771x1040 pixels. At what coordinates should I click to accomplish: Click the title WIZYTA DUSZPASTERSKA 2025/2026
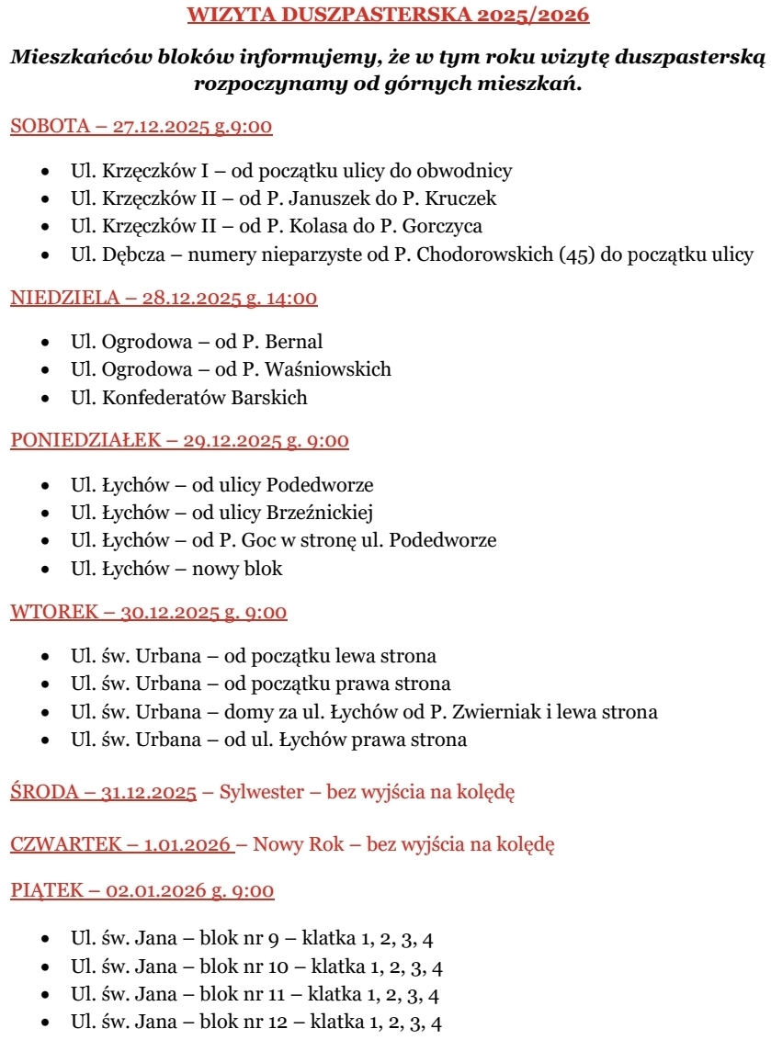388,15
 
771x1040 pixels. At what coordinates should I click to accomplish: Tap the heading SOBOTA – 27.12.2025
141,127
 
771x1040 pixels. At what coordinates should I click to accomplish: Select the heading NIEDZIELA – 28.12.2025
164,299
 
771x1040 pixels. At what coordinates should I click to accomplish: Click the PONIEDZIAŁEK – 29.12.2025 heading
179,441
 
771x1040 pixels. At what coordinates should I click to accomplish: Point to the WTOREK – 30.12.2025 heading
148,613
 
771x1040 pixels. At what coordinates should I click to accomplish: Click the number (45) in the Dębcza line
578,254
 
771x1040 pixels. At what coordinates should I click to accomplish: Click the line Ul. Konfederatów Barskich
188,398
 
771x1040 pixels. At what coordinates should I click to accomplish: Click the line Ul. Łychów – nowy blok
176,569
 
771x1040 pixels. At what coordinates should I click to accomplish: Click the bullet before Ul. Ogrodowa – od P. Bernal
46,343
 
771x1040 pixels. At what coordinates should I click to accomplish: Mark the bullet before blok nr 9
46,940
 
